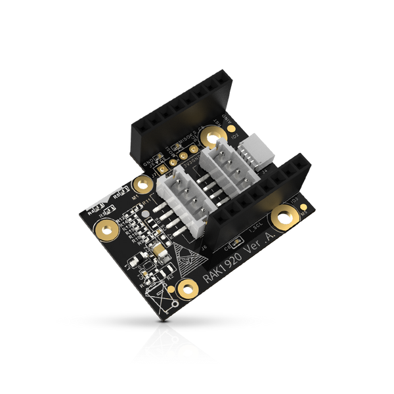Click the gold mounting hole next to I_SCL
(x=284, y=215)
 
